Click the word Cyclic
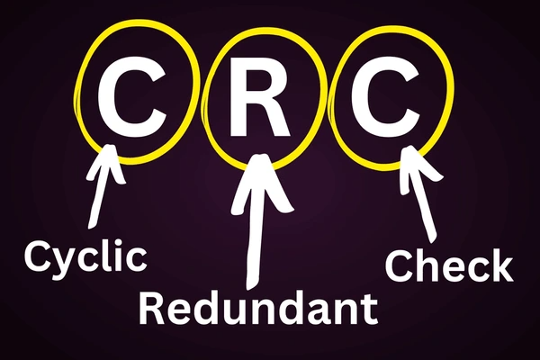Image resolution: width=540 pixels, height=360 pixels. click(x=85, y=256)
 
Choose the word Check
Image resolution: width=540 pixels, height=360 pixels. click(x=449, y=266)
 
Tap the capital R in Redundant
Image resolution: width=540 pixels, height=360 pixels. click(x=151, y=307)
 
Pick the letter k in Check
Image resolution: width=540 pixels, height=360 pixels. click(x=501, y=265)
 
